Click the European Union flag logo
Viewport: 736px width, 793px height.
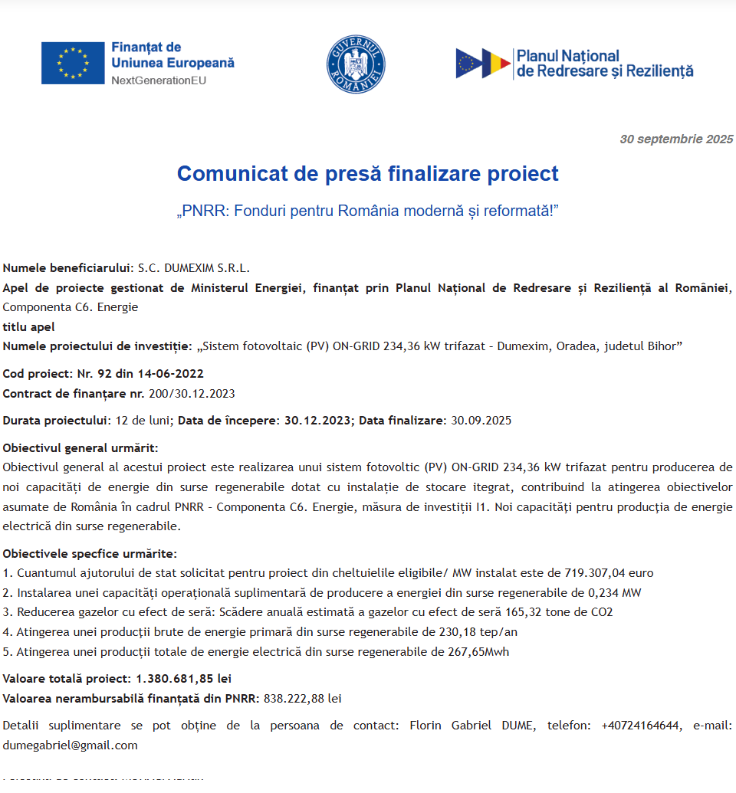(x=73, y=63)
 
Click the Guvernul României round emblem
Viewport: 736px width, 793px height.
(x=356, y=64)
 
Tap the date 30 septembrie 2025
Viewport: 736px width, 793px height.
(x=676, y=139)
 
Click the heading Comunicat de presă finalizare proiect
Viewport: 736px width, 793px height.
(x=368, y=174)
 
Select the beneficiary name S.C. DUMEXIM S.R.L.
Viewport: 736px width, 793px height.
(x=194, y=268)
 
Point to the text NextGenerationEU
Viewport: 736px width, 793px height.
(x=159, y=80)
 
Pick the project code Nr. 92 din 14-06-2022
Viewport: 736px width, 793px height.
(x=140, y=374)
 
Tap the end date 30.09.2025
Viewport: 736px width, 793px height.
(x=481, y=421)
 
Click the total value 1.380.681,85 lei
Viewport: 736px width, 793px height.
(x=183, y=679)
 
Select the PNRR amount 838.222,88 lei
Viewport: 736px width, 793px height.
(x=303, y=699)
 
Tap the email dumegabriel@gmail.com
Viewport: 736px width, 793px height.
(x=71, y=745)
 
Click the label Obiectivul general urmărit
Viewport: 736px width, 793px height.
(x=80, y=447)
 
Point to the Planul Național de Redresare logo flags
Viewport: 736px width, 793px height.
(x=483, y=64)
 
